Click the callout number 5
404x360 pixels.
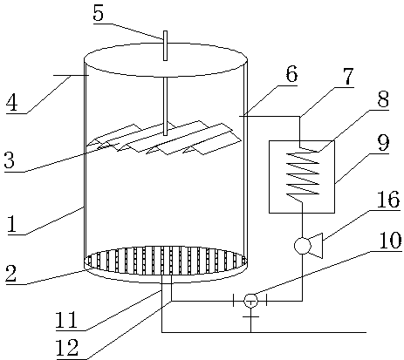pyautogui.click(x=99, y=13)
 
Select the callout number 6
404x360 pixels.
pyautogui.click(x=291, y=73)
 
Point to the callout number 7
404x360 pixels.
pyautogui.click(x=347, y=76)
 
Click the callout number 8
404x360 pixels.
pyautogui.click(x=383, y=98)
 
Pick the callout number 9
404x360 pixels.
pyautogui.click(x=383, y=143)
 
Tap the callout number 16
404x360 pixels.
pyautogui.click(x=388, y=199)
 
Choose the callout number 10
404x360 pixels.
pyautogui.click(x=390, y=241)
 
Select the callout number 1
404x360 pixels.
pyautogui.click(x=11, y=224)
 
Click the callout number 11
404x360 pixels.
pyautogui.click(x=66, y=320)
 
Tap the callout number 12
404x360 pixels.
pyautogui.click(x=67, y=348)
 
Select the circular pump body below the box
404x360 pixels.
pyautogui.click(x=303, y=246)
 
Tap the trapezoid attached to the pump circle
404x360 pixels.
pyautogui.click(x=317, y=246)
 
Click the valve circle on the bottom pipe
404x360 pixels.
pyautogui.click(x=250, y=301)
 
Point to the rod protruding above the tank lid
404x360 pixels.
pyautogui.click(x=165, y=45)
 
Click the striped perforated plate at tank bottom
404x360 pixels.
pyautogui.click(x=166, y=261)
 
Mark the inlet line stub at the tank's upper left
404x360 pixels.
pyautogui.click(x=72, y=75)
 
